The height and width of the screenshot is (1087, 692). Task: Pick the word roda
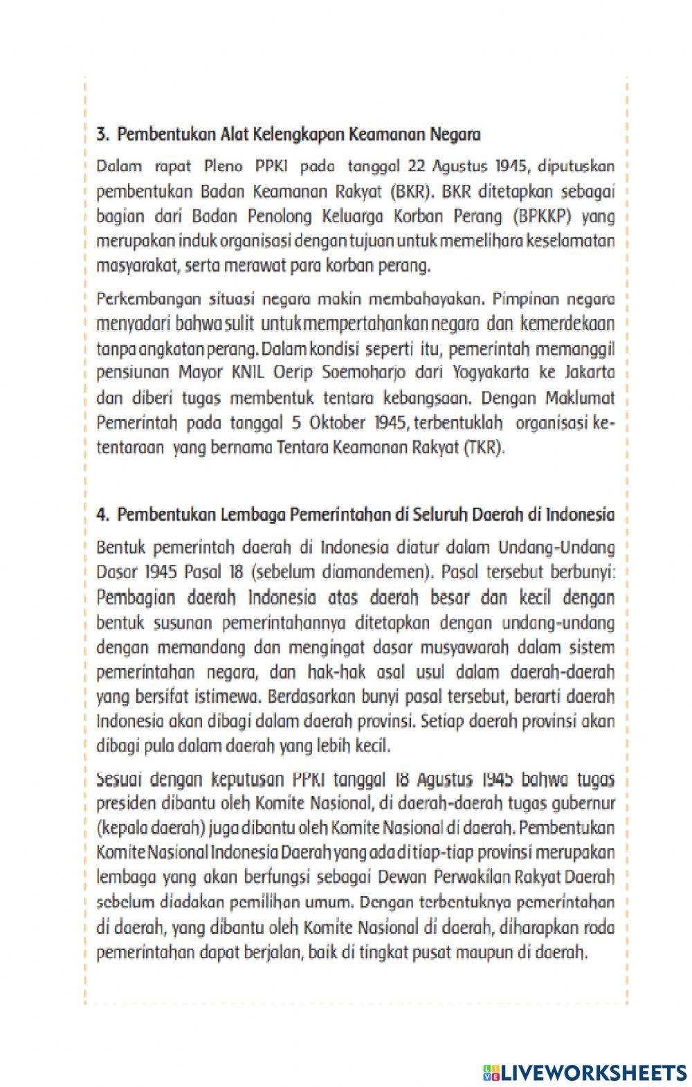(599, 928)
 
